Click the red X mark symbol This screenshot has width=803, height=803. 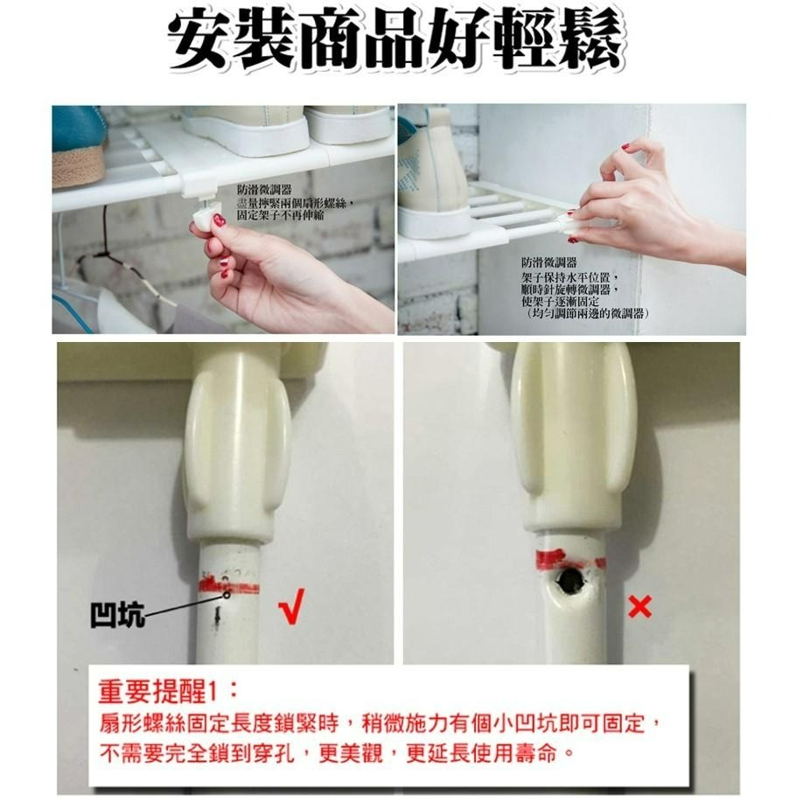pos(640,606)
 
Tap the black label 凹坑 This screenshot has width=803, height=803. pos(117,617)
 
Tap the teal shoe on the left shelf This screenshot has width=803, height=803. pos(78,144)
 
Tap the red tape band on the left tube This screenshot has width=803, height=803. pos(229,584)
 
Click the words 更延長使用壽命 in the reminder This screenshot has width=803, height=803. pos(477,751)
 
